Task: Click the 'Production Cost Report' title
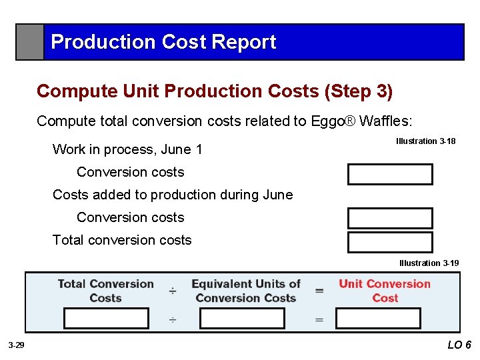[163, 42]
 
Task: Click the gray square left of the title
[30, 42]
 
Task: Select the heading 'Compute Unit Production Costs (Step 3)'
[215, 91]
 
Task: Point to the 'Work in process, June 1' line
[127, 149]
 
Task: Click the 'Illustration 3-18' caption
[425, 141]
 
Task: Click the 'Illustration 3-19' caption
[429, 263]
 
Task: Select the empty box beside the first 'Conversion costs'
[389, 174]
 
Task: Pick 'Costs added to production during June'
[173, 195]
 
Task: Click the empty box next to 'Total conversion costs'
[389, 242]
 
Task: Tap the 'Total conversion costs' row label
[122, 240]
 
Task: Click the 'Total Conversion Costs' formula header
[105, 291]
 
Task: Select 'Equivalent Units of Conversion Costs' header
[245, 291]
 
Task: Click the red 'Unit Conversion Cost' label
[385, 291]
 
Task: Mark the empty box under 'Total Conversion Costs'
[106, 319]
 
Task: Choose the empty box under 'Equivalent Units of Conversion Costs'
[242, 319]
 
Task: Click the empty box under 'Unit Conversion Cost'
[378, 319]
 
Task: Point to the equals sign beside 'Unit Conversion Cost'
[319, 291]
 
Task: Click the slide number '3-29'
[16, 345]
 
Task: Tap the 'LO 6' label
[459, 345]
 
